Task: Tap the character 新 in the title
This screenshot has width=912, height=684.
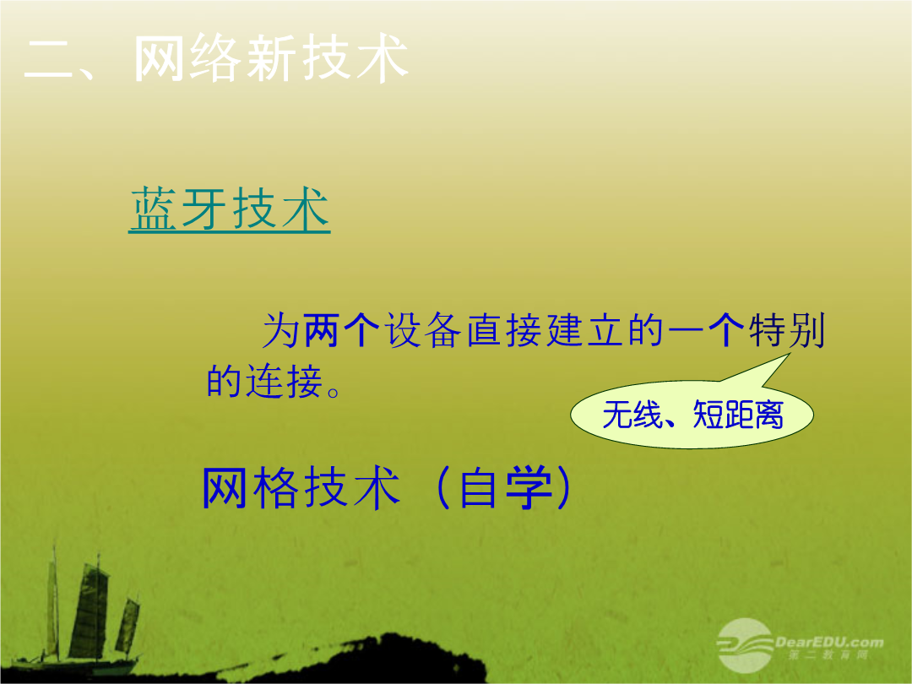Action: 270,58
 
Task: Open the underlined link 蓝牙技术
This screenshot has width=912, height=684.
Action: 230,209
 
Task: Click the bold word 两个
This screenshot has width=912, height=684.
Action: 341,330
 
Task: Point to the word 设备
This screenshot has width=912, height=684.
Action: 423,330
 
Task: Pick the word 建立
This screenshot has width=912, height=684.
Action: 585,330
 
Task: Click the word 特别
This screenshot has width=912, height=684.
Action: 787,330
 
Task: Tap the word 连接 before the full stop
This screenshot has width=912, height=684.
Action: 285,382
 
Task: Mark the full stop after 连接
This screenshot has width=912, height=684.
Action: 334,392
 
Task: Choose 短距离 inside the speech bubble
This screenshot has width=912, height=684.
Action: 738,415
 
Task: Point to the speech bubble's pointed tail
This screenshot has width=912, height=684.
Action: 788,354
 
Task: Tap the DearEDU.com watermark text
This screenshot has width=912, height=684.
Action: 829,643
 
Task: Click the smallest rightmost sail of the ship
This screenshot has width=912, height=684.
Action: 128,625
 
